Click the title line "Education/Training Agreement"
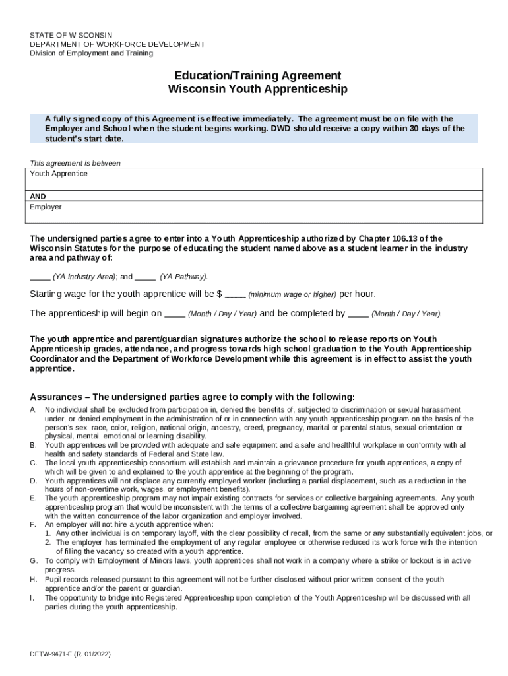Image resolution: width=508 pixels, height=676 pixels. click(x=257, y=75)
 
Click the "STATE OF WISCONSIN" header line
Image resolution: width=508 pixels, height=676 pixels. click(x=71, y=35)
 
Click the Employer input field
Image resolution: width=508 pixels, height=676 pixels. click(x=254, y=213)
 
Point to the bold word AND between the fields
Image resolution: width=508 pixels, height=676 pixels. click(x=38, y=197)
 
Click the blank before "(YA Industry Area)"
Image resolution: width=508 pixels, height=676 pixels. click(x=40, y=277)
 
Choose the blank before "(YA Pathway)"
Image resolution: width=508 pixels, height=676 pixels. click(x=145, y=277)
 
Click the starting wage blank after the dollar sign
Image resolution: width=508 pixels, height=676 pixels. click(x=236, y=294)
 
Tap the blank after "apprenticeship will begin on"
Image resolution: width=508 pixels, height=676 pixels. click(x=174, y=314)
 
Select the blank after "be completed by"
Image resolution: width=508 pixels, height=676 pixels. click(x=358, y=314)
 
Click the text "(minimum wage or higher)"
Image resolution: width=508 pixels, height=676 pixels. click(x=292, y=294)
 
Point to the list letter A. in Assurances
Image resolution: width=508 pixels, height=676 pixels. click(x=33, y=410)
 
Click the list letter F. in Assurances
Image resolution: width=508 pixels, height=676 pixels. click(x=33, y=524)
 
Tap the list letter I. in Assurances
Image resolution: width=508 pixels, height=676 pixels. click(x=32, y=598)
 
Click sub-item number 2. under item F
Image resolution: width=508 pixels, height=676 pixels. click(x=48, y=542)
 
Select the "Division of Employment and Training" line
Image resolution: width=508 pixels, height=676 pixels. click(x=91, y=53)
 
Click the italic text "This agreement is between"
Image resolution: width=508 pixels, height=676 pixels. click(x=75, y=163)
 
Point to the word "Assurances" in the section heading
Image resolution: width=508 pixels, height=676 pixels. click(x=56, y=397)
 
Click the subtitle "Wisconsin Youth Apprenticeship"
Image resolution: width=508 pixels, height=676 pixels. click(x=257, y=89)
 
